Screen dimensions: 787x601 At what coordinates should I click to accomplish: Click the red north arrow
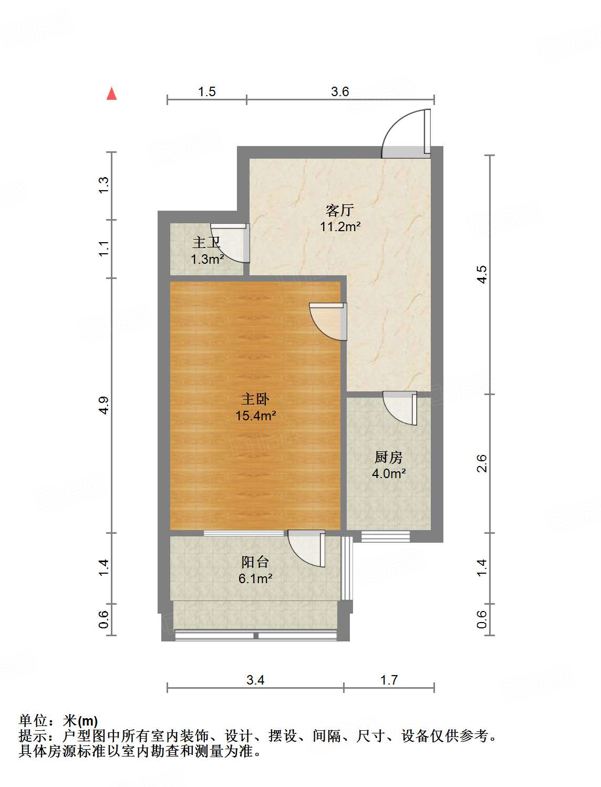click(111, 94)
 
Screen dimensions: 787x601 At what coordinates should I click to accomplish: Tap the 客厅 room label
click(339, 211)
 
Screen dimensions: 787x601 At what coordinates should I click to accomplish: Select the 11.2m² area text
click(340, 227)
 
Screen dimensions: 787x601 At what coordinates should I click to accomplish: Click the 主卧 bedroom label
click(255, 399)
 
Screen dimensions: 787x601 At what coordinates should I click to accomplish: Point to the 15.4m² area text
click(256, 416)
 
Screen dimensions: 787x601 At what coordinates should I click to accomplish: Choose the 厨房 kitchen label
click(389, 457)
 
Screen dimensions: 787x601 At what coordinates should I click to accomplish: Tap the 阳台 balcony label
click(255, 562)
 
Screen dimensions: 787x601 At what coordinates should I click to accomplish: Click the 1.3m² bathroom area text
click(207, 259)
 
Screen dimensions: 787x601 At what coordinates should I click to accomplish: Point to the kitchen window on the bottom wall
click(385, 536)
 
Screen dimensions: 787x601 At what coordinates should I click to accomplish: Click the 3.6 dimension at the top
click(340, 92)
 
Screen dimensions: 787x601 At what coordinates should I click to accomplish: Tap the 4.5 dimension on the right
click(482, 275)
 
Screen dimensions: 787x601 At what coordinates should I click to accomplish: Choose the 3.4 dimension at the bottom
click(255, 680)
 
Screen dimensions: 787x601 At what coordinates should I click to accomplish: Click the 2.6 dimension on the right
click(482, 463)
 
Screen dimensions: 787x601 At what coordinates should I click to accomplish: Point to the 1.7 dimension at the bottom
click(389, 680)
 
